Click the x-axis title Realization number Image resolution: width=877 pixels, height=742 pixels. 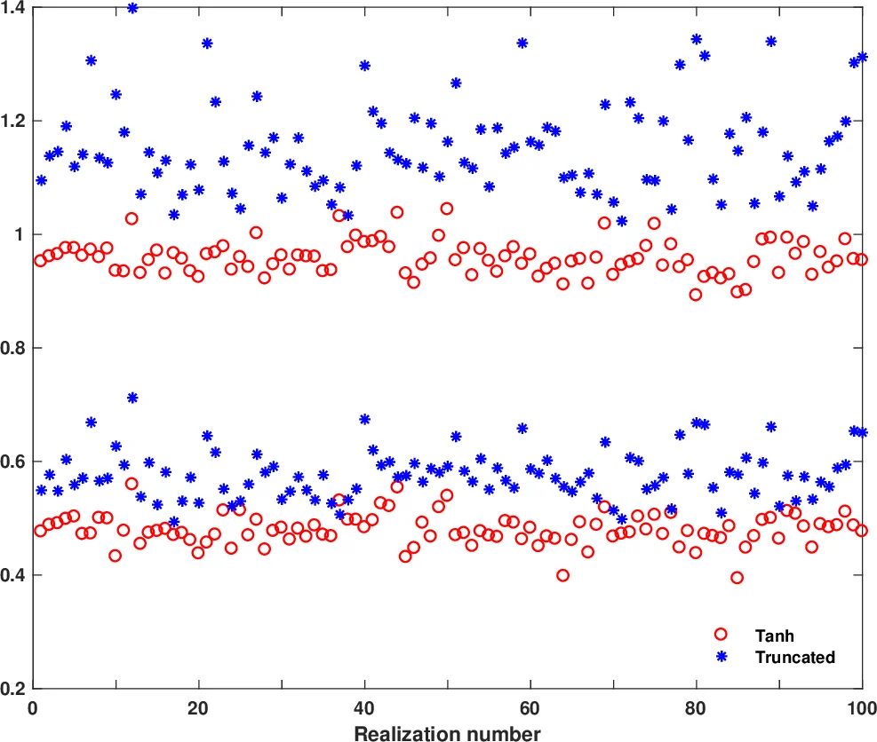(x=447, y=733)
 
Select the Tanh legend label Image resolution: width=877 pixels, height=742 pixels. (x=774, y=635)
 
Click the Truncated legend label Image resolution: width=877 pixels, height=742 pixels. (x=794, y=658)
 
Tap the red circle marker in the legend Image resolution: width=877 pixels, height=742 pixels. (x=721, y=635)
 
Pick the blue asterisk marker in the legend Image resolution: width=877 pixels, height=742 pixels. (x=721, y=658)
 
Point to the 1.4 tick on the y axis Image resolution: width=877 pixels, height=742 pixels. (x=15, y=7)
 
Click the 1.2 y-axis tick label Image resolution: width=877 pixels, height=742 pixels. (x=15, y=121)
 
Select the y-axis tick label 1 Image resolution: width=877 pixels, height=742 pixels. (x=21, y=234)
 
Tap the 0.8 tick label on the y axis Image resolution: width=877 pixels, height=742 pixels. (x=15, y=348)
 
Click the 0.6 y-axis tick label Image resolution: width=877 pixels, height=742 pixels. (x=15, y=462)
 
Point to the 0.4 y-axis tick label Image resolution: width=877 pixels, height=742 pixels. (x=15, y=575)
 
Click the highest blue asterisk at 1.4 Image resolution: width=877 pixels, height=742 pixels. (x=132, y=8)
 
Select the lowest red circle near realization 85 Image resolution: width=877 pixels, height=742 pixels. (x=737, y=578)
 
